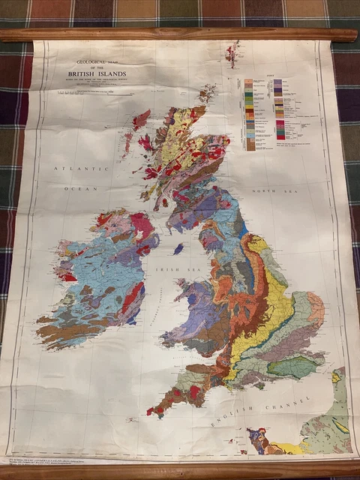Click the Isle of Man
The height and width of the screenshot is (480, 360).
[178, 247]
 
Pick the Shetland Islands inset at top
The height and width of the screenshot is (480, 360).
[232, 53]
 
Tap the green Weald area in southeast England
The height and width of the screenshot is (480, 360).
[294, 367]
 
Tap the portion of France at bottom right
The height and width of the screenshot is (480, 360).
[331, 424]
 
